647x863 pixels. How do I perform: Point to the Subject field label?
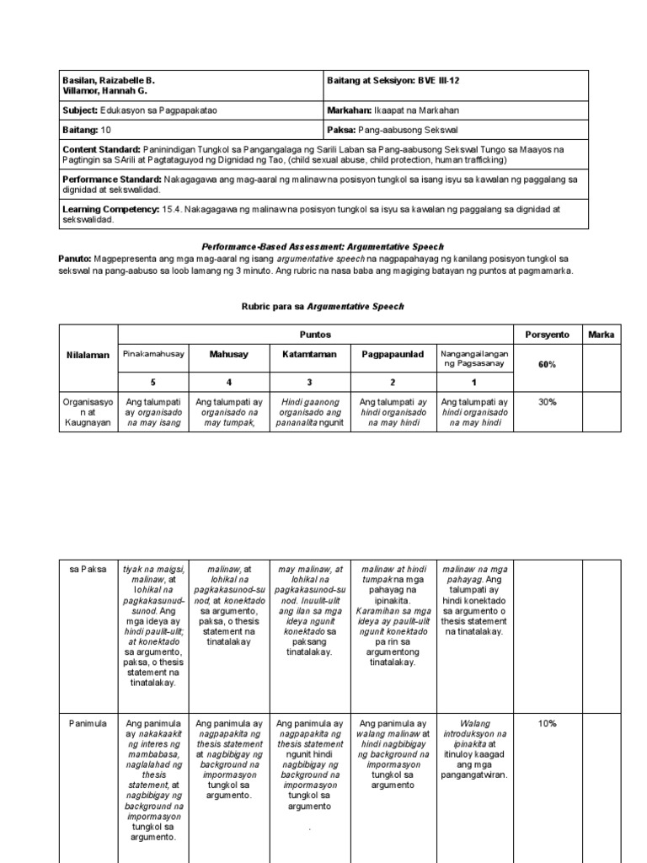81,110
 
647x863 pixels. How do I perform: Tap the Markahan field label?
348,110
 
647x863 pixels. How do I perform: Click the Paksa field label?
342,131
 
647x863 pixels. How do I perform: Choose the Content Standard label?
102,148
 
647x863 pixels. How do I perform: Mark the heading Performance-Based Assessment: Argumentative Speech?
323,245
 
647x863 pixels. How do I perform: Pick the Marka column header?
602,335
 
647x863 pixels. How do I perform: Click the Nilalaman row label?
88,356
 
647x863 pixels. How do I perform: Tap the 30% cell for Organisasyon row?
548,402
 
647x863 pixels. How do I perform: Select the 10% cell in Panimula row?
548,723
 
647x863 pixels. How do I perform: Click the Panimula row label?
87,723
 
